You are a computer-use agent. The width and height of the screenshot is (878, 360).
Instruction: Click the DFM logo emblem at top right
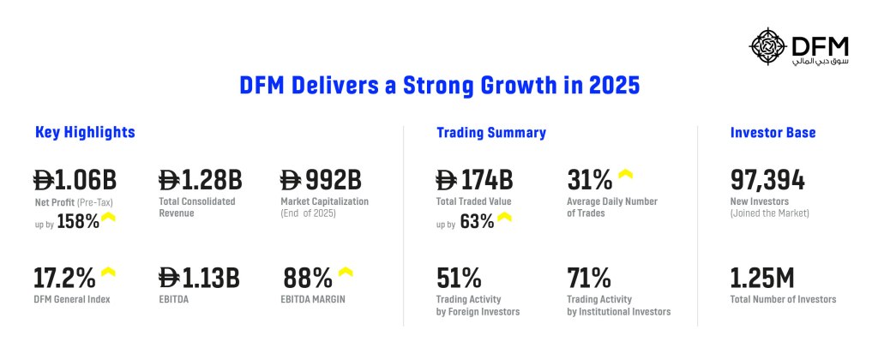pos(767,47)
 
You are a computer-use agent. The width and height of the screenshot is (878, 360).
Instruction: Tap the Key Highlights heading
pos(85,133)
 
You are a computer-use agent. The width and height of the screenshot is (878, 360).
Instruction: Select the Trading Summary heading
pos(491,133)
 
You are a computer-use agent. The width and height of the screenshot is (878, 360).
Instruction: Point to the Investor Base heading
pos(773,133)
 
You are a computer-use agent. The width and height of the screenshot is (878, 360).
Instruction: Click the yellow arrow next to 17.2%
pos(109,273)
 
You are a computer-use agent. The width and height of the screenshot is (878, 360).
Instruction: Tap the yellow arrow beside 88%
pos(345,273)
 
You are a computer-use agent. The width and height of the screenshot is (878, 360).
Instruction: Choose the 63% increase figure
pos(477,222)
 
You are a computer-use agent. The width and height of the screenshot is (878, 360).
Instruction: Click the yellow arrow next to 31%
pos(625,175)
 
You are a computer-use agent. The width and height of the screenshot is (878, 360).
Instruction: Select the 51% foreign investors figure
pos(459,279)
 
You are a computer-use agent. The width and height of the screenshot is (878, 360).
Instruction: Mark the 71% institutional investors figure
pos(589,279)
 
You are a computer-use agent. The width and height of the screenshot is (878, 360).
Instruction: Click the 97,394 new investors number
pos(767,181)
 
